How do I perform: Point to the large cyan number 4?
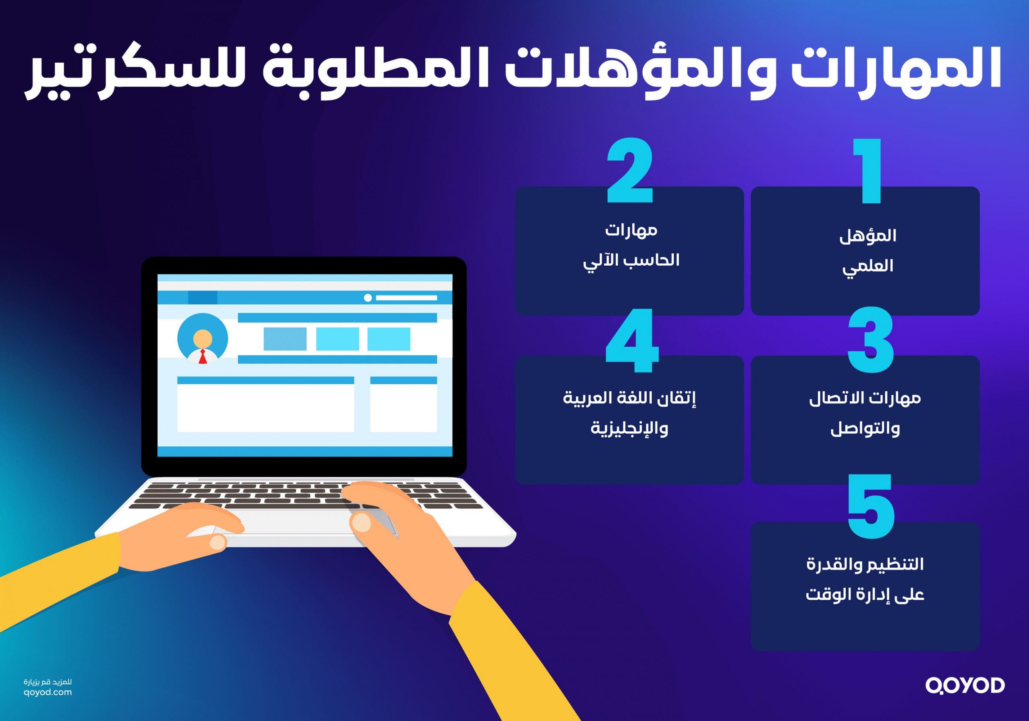coord(632,340)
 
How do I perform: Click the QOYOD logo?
coord(965,686)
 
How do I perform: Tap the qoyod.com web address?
coord(47,692)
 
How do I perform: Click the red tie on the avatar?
coord(203,357)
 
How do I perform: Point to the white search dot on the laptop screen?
coord(368,298)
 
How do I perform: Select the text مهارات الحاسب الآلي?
coord(631,246)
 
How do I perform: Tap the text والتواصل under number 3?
coord(865,429)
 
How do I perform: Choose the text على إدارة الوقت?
coord(865,595)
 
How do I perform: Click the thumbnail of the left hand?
coord(218,542)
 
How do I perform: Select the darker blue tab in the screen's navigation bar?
coord(203,297)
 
